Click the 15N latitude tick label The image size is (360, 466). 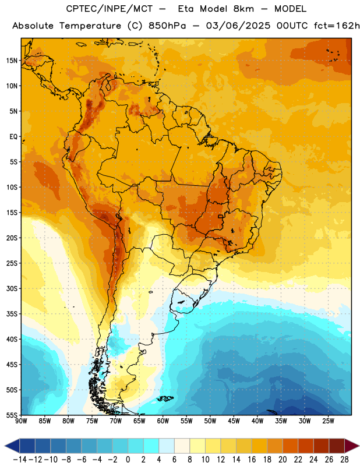pyautogui.click(x=12, y=61)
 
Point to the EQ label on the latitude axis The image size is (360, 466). pyautogui.click(x=13, y=137)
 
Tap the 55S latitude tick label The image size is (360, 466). pyautogui.click(x=12, y=415)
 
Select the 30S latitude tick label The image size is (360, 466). pyautogui.click(x=12, y=288)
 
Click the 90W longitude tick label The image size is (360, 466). pyautogui.click(x=21, y=421)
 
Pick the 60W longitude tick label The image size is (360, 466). pyautogui.click(x=163, y=421)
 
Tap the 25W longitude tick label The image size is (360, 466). pyautogui.click(x=328, y=421)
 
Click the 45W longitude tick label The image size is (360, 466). pyautogui.click(x=234, y=421)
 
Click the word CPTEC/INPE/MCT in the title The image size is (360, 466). pyautogui.click(x=110, y=9)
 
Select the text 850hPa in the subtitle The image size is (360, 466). pyautogui.click(x=167, y=26)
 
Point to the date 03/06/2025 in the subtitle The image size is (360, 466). pyautogui.click(x=238, y=26)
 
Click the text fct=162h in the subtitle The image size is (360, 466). pyautogui.click(x=337, y=26)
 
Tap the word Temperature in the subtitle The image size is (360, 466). pyautogui.click(x=90, y=26)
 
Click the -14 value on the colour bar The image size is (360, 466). pyautogui.click(x=20, y=460)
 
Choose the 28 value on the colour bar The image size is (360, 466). pyautogui.click(x=344, y=460)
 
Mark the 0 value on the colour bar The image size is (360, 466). pyautogui.click(x=128, y=460)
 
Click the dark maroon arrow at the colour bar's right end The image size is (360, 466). pyautogui.click(x=351, y=446)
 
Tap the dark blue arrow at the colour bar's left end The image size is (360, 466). pyautogui.click(x=12, y=446)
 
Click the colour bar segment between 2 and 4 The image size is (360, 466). pyautogui.click(x=151, y=446)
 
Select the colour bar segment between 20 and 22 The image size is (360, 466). pyautogui.click(x=291, y=446)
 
